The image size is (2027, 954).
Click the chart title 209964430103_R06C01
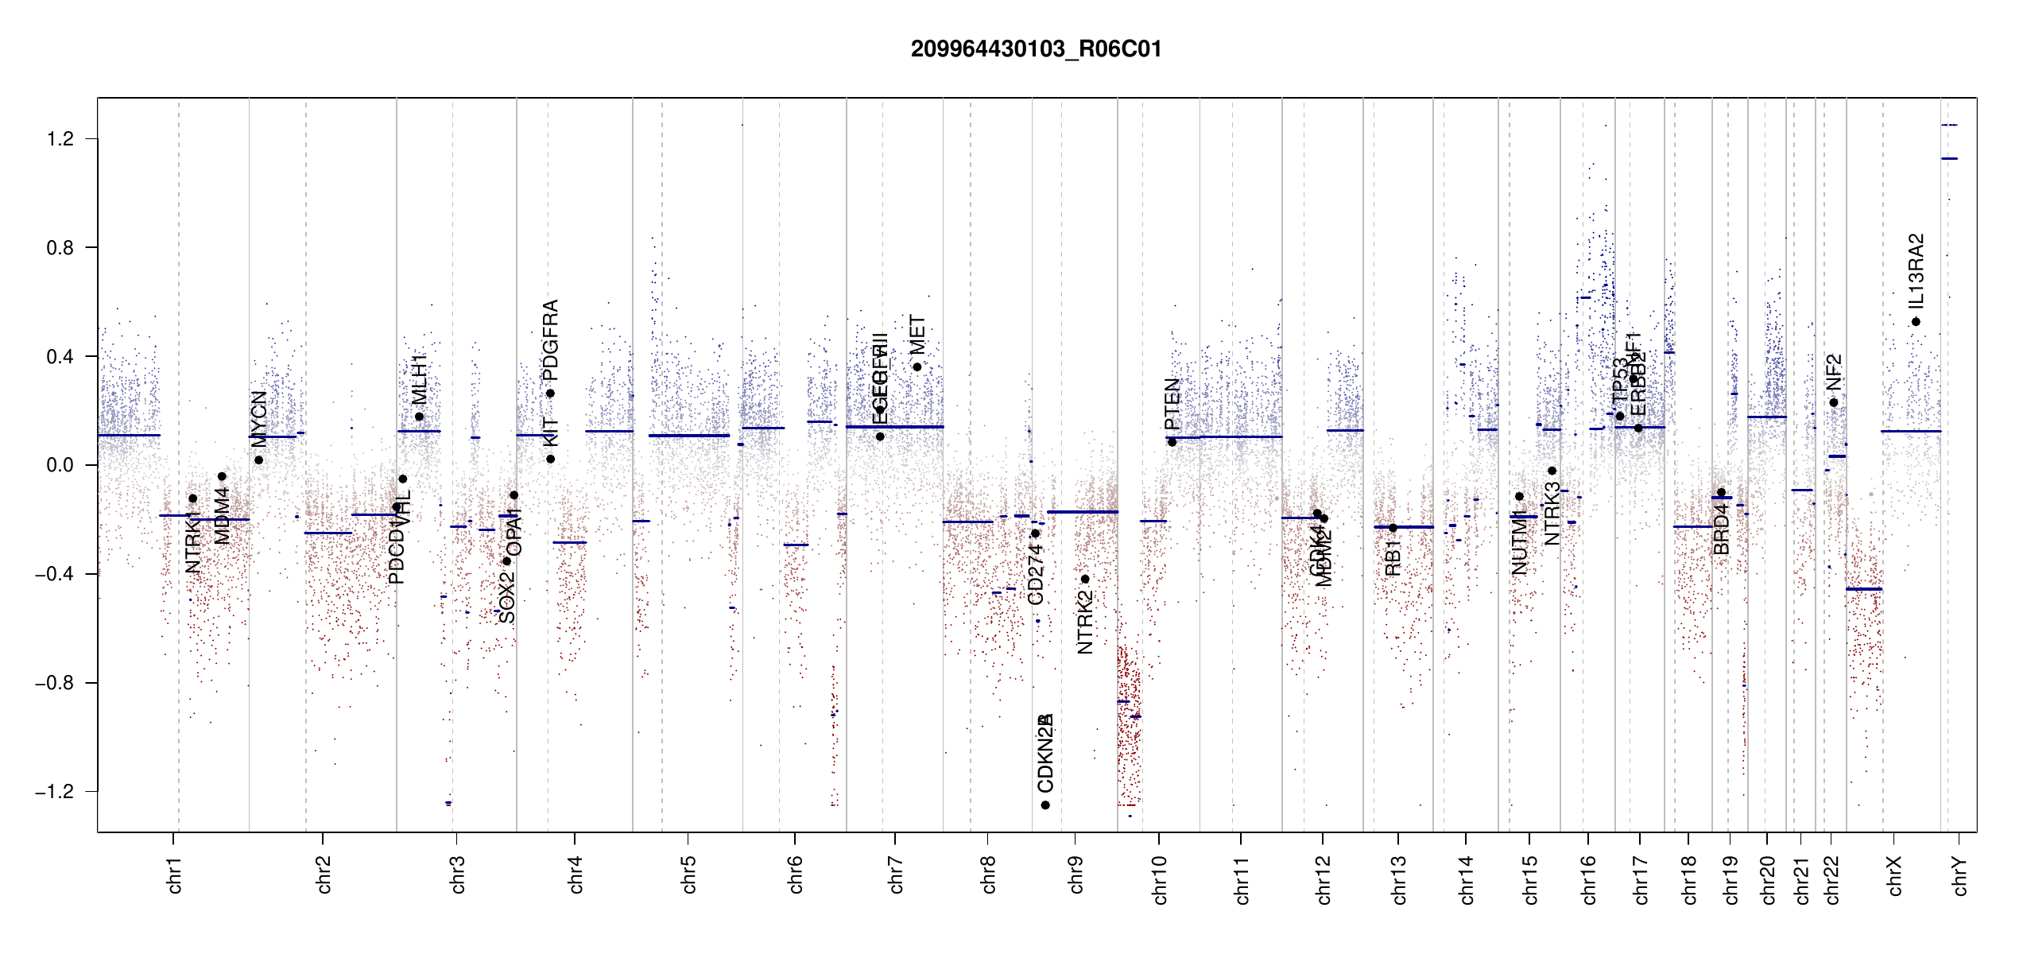click(x=1036, y=49)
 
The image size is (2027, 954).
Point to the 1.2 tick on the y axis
click(x=60, y=139)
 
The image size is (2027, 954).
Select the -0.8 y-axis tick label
click(x=54, y=683)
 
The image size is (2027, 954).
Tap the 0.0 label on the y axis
click(x=60, y=465)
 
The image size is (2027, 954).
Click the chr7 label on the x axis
click(x=896, y=874)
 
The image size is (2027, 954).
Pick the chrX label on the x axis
click(x=1895, y=875)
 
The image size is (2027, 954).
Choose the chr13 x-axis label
click(x=1399, y=879)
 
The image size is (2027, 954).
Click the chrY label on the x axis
click(x=1960, y=875)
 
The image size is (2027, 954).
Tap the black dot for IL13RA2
click(x=1916, y=322)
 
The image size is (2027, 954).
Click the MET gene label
click(x=917, y=335)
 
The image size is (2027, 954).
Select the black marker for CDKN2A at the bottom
click(x=1045, y=805)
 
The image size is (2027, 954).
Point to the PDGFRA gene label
click(x=550, y=339)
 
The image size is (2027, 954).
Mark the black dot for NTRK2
click(x=1085, y=579)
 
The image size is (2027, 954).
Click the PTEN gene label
click(x=1172, y=404)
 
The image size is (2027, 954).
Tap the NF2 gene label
click(x=1833, y=373)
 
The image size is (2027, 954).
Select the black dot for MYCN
click(x=258, y=460)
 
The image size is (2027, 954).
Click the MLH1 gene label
click(x=419, y=379)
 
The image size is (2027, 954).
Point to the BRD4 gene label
click(x=1721, y=529)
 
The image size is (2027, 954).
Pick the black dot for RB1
click(x=1393, y=528)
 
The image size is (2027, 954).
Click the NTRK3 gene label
click(x=1552, y=513)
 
